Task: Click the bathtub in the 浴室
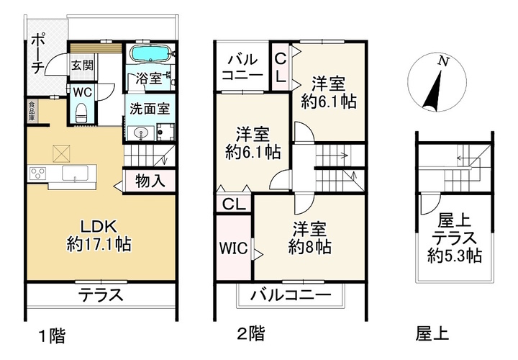coord(150,53)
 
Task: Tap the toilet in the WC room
coord(81,113)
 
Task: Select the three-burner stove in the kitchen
coord(38,173)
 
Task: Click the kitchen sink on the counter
coord(76,174)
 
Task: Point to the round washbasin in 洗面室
coord(142,133)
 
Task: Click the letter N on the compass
coord(443,61)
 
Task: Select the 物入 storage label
coord(150,181)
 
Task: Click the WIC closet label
coord(234,248)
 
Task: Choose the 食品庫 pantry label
coord(32,110)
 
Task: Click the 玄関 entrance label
coord(83,65)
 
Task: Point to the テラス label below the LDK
coord(101,294)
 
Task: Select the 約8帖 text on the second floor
coord(309,246)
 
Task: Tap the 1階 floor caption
coord(53,336)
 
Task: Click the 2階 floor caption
coord(251,333)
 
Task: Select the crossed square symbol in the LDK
coord(61,153)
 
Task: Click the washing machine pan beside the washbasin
coord(165,132)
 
